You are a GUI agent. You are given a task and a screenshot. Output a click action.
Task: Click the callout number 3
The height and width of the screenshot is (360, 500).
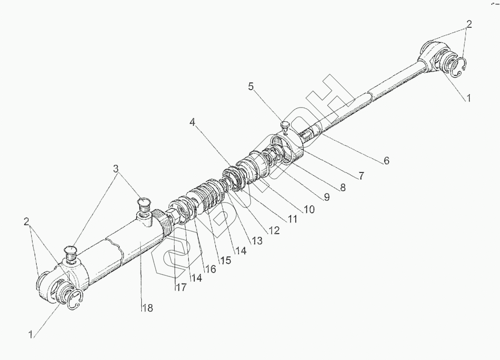116,169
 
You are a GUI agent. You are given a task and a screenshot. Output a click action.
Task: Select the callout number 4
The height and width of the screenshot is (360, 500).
192,122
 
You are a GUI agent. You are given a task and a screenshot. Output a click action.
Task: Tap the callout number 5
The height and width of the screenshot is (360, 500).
251,86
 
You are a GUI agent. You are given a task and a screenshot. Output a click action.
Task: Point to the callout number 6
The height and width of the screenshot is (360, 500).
386,161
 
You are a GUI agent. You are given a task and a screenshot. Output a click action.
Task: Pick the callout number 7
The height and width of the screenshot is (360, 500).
361,176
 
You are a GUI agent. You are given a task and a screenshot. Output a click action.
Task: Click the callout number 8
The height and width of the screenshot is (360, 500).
343,187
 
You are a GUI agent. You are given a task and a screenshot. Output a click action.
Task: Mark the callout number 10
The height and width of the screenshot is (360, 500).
309,209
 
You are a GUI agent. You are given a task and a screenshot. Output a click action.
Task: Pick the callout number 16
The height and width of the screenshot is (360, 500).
210,269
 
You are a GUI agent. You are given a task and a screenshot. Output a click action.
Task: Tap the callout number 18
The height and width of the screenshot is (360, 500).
147,308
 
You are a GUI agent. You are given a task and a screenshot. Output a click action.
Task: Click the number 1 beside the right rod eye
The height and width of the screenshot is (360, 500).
468,98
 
